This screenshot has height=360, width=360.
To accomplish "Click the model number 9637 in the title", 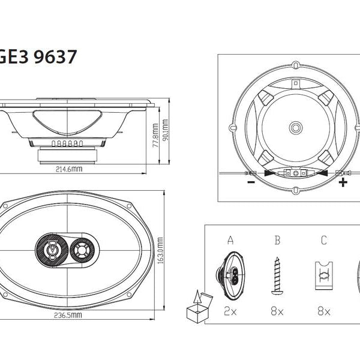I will click(55, 57).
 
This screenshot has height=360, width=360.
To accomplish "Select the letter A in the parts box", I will click(230, 241).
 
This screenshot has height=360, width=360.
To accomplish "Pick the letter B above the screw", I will click(277, 241).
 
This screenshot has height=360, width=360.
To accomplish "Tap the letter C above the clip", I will click(324, 241).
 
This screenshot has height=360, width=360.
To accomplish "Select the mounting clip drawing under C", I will click(324, 275).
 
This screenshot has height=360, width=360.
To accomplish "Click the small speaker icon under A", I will click(230, 275).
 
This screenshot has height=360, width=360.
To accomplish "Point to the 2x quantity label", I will click(230, 312).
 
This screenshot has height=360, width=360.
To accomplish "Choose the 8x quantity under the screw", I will click(277, 312).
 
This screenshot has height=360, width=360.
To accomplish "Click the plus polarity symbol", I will click(343, 182).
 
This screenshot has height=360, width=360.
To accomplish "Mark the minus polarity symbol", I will click(249, 182).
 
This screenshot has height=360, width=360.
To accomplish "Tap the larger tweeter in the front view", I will click(52, 248).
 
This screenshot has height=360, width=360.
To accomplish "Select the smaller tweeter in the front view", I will click(81, 248).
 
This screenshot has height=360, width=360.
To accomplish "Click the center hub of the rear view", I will click(295, 128).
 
